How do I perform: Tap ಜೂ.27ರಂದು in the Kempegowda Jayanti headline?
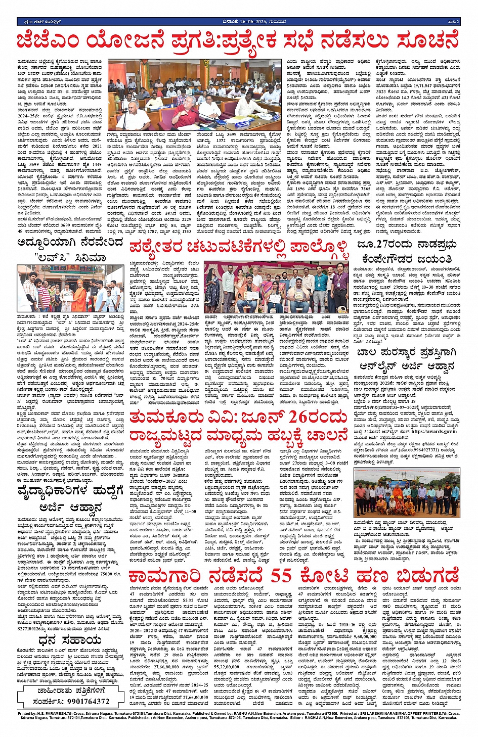pos(384,245)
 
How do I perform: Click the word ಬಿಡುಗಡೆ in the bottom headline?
pos(428,577)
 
